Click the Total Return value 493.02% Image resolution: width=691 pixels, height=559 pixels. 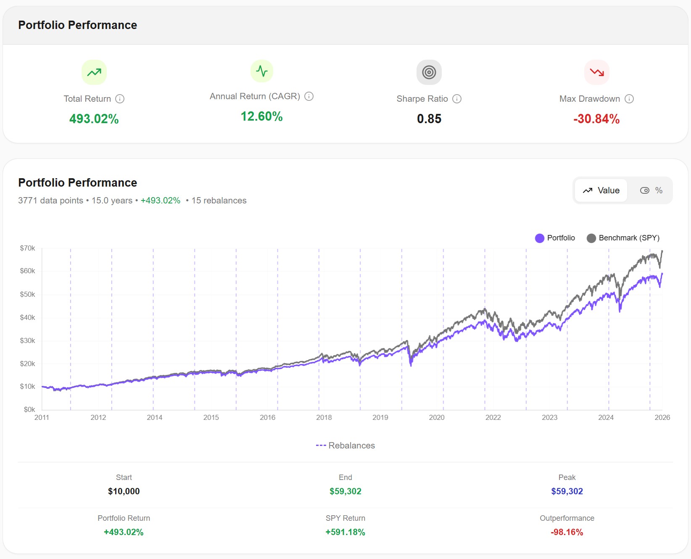pyautogui.click(x=94, y=119)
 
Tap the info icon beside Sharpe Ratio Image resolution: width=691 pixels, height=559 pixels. pyautogui.click(x=457, y=99)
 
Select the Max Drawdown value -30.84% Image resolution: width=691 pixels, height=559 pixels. pyautogui.click(x=596, y=119)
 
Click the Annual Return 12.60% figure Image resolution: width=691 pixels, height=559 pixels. pyautogui.click(x=261, y=116)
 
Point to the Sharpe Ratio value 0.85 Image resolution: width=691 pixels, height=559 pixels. pyautogui.click(x=429, y=119)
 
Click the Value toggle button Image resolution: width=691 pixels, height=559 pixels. pyautogui.click(x=601, y=190)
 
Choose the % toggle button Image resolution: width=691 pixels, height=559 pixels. pyautogui.click(x=651, y=190)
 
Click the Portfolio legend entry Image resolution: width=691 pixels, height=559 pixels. pyautogui.click(x=555, y=238)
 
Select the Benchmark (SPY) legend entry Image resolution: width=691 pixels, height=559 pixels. pyautogui.click(x=623, y=238)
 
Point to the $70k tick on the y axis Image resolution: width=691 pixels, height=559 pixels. pyautogui.click(x=28, y=248)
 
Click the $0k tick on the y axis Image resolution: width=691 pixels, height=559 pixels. pyautogui.click(x=29, y=409)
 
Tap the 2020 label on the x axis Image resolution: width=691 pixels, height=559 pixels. pyautogui.click(x=437, y=417)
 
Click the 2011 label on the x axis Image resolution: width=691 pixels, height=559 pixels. pyautogui.click(x=42, y=417)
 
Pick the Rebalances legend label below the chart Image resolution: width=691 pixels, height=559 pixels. pyautogui.click(x=345, y=446)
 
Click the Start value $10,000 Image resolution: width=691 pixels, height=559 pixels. pyautogui.click(x=124, y=491)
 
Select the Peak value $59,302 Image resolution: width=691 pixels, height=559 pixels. pyautogui.click(x=567, y=491)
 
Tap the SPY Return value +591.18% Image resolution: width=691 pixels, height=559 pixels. pyautogui.click(x=345, y=532)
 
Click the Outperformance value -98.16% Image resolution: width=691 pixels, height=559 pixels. pyautogui.click(x=567, y=532)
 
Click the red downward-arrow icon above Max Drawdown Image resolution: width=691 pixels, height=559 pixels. pyautogui.click(x=596, y=72)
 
